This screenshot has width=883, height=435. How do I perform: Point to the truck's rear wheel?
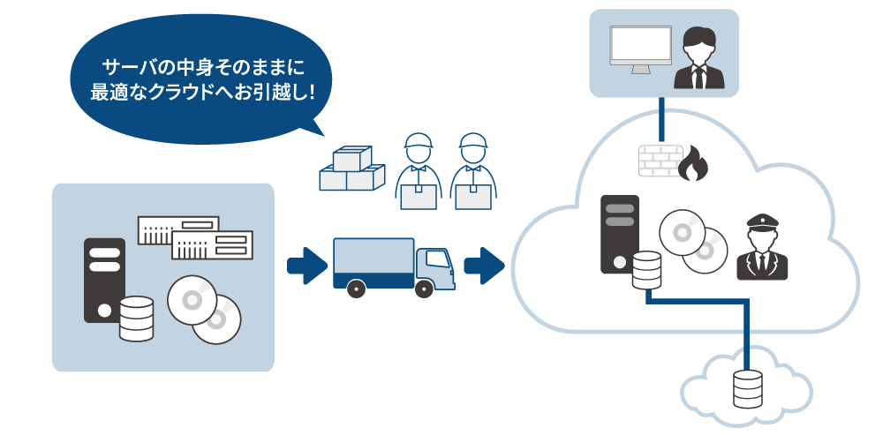pos(356,287)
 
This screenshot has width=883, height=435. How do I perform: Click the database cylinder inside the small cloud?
pos(747,388)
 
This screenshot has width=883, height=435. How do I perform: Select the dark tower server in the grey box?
pos(104,279)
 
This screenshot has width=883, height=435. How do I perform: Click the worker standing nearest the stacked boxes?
pos(417,172)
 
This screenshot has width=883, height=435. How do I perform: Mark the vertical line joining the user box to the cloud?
pos(662,119)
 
